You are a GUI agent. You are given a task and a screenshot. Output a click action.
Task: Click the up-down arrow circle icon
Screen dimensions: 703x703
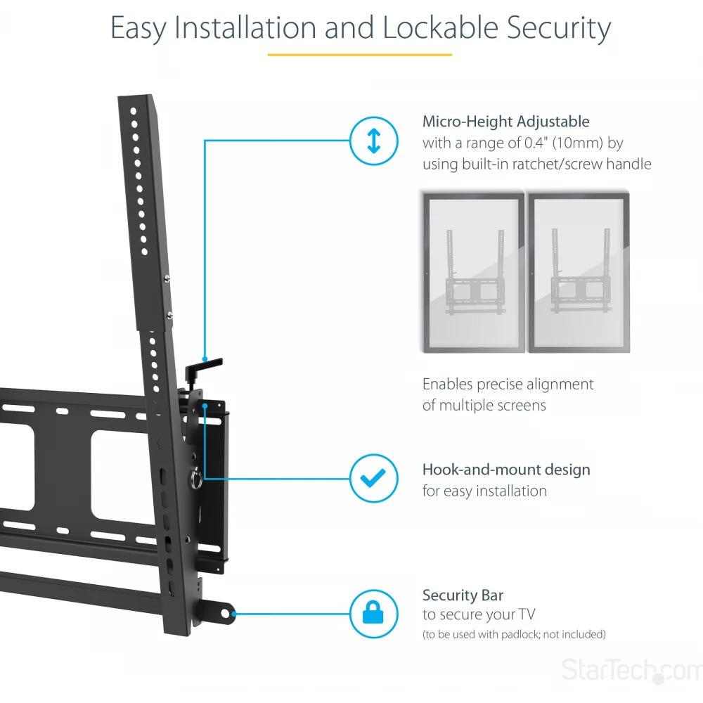373,141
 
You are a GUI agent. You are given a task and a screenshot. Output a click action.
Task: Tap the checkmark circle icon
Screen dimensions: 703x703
373,478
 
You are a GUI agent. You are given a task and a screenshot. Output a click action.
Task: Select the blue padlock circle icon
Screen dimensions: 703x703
373,614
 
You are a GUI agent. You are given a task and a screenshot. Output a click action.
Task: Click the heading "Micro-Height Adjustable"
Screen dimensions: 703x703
505,122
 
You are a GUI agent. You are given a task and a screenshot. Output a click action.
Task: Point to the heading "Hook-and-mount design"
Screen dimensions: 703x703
505,470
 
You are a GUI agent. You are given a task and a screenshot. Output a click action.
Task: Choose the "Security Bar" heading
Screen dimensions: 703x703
463,595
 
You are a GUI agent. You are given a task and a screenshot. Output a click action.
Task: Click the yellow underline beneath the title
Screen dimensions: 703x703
359,54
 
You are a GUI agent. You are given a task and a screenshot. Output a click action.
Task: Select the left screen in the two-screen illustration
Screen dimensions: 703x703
472,272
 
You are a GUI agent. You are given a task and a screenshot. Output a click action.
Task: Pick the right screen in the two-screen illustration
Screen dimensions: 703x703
579,272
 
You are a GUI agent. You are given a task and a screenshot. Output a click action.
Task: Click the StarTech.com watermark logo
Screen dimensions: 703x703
631,670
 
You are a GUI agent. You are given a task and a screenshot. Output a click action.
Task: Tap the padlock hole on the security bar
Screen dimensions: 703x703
225,614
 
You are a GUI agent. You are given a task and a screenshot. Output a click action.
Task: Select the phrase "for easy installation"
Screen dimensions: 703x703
484,491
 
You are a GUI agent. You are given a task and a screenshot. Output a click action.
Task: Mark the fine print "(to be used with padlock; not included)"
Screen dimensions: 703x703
513,634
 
